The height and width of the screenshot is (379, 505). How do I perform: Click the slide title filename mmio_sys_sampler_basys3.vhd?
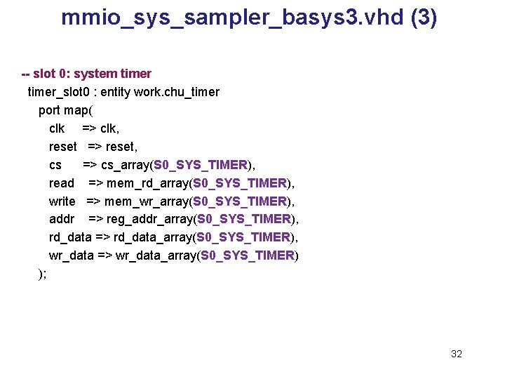tap(231, 17)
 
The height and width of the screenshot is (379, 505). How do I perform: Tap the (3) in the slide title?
tap(423, 17)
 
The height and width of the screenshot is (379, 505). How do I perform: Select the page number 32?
tap(457, 354)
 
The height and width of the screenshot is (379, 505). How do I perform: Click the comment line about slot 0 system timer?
tap(86, 74)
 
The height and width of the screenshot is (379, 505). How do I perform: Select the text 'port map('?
tap(65, 110)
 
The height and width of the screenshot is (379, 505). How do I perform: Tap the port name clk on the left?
tap(57, 128)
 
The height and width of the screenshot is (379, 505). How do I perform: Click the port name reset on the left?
tap(62, 147)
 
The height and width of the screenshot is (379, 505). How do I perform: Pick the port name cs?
tap(55, 165)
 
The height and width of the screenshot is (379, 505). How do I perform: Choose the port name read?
tap(62, 183)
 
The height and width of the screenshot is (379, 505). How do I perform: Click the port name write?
tap(62, 201)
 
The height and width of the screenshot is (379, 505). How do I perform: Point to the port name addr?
tap(62, 220)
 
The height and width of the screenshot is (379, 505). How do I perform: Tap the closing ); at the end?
tap(42, 274)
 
